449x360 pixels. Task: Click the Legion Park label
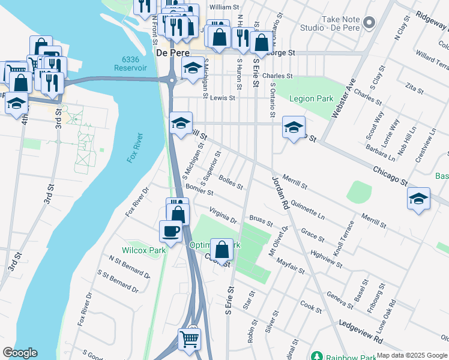[x=311, y=98]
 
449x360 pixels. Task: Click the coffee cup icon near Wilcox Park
[x=170, y=231]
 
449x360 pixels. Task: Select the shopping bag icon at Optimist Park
[x=221, y=248]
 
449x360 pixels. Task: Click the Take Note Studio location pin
[x=369, y=23]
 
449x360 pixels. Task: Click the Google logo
[x=20, y=353]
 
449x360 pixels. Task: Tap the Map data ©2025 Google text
[x=412, y=355]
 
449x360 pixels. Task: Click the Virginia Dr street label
[x=223, y=216]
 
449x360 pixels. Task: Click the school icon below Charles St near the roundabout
[x=193, y=68]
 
